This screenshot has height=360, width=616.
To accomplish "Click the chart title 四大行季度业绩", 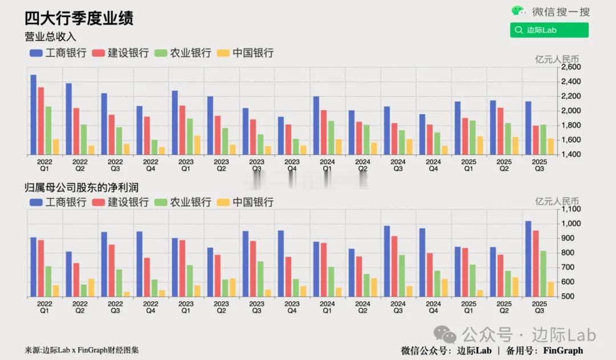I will (79, 18).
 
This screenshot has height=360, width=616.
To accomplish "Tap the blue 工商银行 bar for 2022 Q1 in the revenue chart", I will (33, 114).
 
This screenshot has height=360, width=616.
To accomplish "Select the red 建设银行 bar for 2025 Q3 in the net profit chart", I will (536, 263).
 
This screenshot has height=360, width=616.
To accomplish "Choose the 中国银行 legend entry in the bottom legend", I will (247, 202).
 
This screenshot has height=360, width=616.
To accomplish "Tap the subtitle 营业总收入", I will (50, 37).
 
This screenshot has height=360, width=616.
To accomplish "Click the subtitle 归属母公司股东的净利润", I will (82, 187).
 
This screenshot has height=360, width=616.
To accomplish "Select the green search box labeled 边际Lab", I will (549, 30).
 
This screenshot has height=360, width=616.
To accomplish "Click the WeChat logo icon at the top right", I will (518, 11).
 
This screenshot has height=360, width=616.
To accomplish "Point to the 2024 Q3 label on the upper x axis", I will (398, 165).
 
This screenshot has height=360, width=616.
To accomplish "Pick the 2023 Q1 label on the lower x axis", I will (186, 308).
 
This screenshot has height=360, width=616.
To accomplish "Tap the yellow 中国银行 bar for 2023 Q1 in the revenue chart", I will (197, 145).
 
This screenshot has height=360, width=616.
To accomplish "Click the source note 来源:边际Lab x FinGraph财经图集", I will (82, 350).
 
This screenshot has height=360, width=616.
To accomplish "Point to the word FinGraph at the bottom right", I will (563, 350).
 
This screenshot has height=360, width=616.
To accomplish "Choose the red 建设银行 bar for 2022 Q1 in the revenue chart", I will (41, 120).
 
